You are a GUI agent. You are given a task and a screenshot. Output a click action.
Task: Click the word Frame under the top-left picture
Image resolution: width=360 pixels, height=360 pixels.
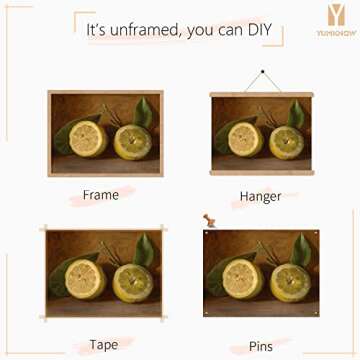tap(100, 194)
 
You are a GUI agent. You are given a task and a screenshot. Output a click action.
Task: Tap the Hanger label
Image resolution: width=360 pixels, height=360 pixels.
tap(260, 196)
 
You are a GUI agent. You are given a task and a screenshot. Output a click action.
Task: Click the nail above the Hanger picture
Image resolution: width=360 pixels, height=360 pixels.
tap(262, 72)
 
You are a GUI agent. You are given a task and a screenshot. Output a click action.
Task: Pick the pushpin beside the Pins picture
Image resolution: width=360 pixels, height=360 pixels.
tap(209, 220)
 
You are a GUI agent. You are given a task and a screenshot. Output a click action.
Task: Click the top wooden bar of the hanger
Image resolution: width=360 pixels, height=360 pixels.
tap(261, 95)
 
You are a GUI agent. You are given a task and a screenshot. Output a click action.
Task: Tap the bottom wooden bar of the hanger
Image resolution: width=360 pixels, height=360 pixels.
tap(261, 173)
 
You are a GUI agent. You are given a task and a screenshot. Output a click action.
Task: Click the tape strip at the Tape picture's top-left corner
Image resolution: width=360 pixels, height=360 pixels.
tap(45, 231)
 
